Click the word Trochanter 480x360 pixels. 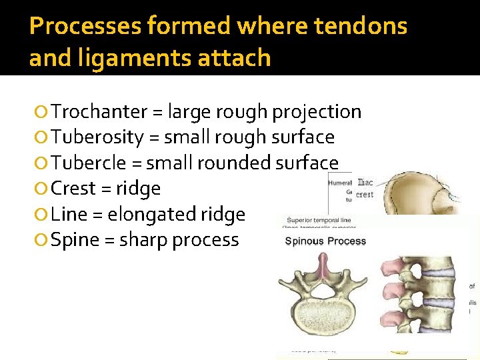tap(98, 111)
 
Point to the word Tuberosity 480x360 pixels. tap(97, 137)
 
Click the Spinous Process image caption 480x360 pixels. tap(325, 241)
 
